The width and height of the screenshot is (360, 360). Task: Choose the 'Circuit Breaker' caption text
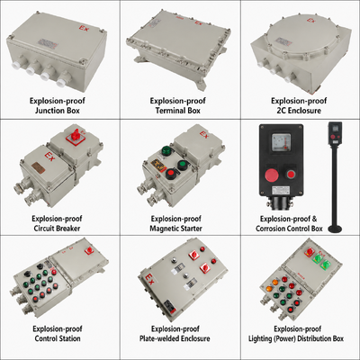(60, 228)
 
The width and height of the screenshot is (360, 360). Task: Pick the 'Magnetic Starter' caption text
(180, 228)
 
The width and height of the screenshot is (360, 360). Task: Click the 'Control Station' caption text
(60, 339)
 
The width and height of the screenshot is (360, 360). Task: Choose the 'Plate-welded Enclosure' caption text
(180, 339)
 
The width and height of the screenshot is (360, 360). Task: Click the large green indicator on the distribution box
(316, 262)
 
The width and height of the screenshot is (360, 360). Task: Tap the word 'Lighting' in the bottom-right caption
(270, 339)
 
